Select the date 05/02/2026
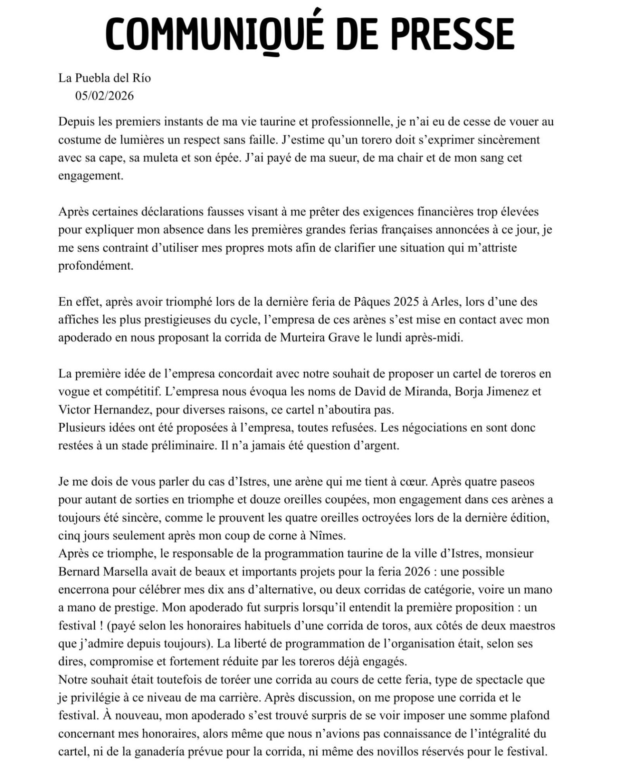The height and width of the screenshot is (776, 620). point(104,96)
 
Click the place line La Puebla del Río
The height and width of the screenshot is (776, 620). point(105,78)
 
